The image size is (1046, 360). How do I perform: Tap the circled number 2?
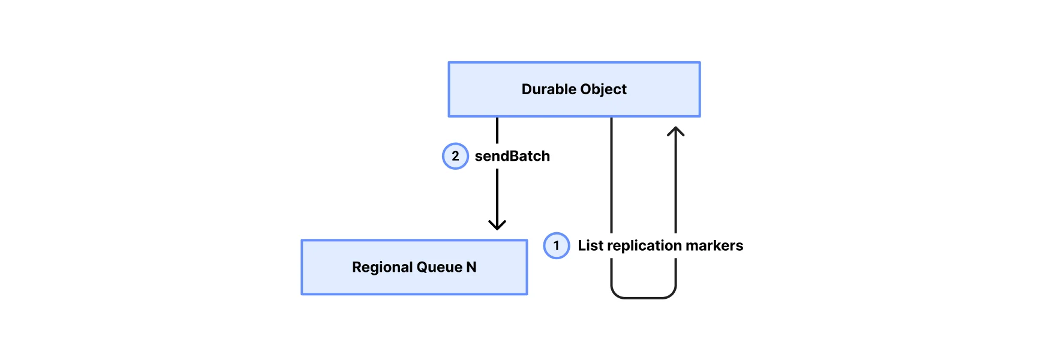coord(455,156)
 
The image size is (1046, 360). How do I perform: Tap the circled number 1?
coord(557,246)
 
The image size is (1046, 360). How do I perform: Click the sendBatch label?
coord(512,156)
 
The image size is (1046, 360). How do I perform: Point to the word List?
coord(590,246)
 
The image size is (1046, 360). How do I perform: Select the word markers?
coord(714,246)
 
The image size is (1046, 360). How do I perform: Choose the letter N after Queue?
coord(471,267)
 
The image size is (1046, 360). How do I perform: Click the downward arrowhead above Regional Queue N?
coord(497,225)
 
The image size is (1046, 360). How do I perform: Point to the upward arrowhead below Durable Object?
coord(676,131)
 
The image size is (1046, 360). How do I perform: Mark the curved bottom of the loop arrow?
coord(644,298)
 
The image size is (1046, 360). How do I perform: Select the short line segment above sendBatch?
coord(497,130)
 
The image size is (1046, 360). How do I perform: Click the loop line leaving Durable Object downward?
coord(611,174)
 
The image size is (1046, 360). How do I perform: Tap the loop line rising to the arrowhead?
coord(676,180)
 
